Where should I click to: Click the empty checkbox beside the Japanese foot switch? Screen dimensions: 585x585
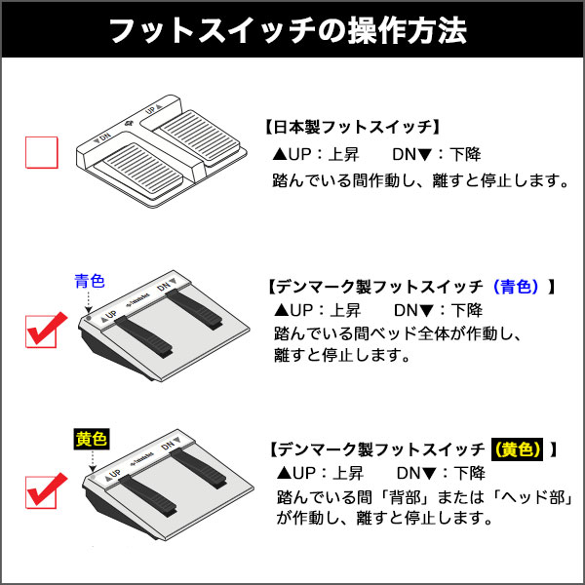tap(41, 152)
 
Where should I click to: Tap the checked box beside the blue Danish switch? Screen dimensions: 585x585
tap(41, 331)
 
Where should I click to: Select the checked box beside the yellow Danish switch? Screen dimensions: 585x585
tap(41, 491)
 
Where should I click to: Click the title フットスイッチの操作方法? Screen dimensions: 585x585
tap(288, 30)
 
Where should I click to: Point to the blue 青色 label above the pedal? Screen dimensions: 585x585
tap(90, 281)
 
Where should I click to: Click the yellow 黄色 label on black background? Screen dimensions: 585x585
tap(92, 439)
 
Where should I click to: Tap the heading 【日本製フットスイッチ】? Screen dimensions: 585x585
tap(353, 127)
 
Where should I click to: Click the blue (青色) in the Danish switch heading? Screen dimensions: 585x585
tap(516, 287)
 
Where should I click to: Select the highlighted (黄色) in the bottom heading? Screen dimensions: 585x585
tap(517, 449)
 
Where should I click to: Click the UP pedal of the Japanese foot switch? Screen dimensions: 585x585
tap(197, 137)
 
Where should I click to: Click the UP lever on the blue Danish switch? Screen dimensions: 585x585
tap(144, 336)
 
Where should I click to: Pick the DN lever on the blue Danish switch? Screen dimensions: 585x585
tap(194, 309)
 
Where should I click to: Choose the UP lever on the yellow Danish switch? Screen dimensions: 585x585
tap(148, 496)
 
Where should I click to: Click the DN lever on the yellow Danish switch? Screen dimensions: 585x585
tap(199, 469)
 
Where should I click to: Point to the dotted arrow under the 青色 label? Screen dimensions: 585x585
tap(89, 302)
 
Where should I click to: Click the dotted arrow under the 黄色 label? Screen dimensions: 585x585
tap(93, 461)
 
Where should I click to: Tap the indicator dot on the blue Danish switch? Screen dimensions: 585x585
tap(89, 318)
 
